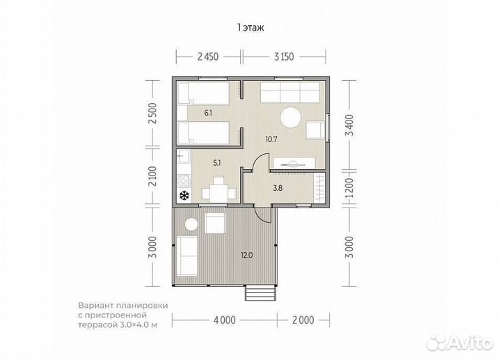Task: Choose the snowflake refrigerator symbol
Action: [x=184, y=196]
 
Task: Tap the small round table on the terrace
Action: [x=191, y=224]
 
